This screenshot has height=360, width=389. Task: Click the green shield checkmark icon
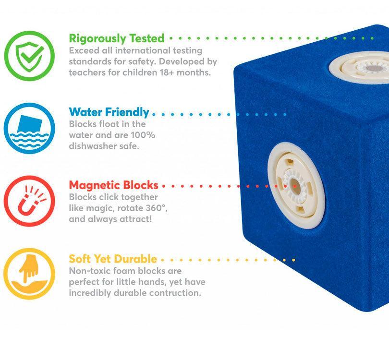coord(29,56)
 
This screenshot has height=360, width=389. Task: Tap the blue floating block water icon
coord(29,129)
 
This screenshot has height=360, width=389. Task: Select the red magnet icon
coord(29,201)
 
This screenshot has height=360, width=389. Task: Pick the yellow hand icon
coord(29,274)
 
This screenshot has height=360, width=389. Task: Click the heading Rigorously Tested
coord(117,38)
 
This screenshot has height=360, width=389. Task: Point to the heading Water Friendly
coord(109,112)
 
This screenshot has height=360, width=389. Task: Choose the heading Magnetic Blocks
coord(114,185)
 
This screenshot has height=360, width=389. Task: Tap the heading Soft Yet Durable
coord(113,259)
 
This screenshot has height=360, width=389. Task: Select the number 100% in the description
coord(143,135)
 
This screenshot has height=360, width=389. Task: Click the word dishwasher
coord(93,146)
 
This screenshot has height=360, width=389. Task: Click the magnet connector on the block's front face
coord(297,186)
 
